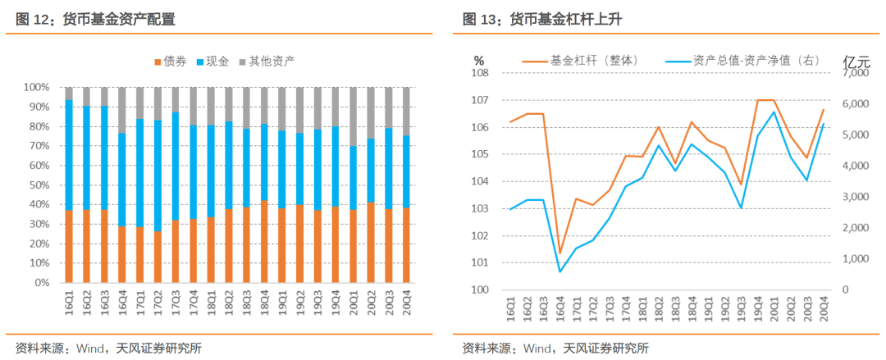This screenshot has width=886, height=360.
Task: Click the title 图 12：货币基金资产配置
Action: click(94, 19)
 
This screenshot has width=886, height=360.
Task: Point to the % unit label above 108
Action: click(479, 61)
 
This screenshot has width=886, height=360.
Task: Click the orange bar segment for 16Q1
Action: click(69, 246)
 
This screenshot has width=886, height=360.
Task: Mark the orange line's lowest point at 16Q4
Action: click(560, 253)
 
